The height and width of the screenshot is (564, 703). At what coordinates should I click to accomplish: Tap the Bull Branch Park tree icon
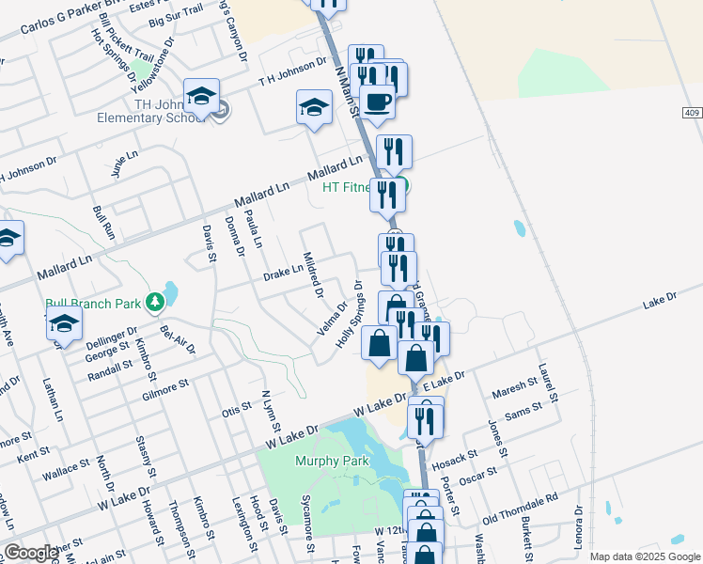point(155,303)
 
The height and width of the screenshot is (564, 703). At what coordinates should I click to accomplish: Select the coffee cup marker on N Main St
point(378,102)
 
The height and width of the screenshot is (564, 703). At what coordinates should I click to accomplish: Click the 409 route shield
point(693,113)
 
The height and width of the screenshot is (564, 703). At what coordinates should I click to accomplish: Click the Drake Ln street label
point(283,273)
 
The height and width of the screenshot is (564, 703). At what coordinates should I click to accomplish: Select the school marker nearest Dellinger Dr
point(64,324)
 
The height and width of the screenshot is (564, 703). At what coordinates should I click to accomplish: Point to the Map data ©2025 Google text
point(644,556)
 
